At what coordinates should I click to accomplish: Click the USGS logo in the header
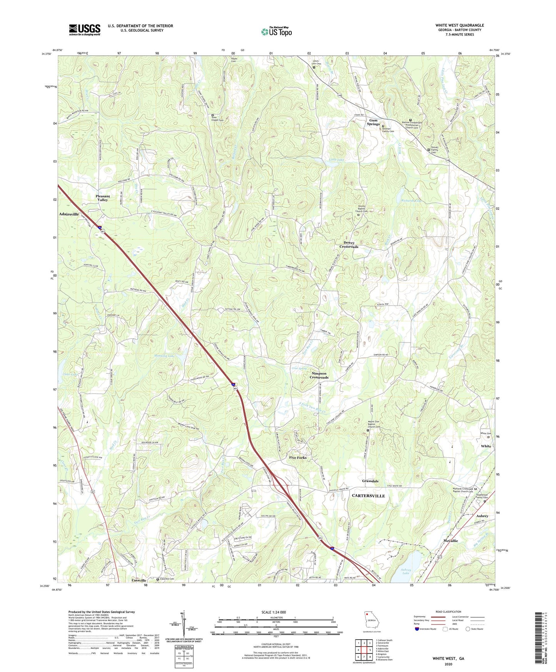tap(84, 30)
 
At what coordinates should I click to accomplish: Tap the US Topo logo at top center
tap(276, 32)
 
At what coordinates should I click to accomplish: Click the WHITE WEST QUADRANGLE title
tap(459, 25)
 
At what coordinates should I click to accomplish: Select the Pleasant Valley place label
tap(102, 198)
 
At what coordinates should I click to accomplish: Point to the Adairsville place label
tap(69, 214)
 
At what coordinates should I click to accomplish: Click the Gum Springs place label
tap(373, 122)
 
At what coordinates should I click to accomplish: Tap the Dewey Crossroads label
tap(349, 245)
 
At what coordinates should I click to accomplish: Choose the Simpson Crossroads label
tap(319, 375)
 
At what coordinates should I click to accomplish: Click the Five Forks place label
tap(298, 458)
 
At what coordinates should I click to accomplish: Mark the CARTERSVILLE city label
tap(368, 496)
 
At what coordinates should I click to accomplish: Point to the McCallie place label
tap(450, 541)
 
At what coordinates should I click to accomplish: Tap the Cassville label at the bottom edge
tap(139, 580)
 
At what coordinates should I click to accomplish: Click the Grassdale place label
tap(370, 481)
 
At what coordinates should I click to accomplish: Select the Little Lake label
tap(337, 159)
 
